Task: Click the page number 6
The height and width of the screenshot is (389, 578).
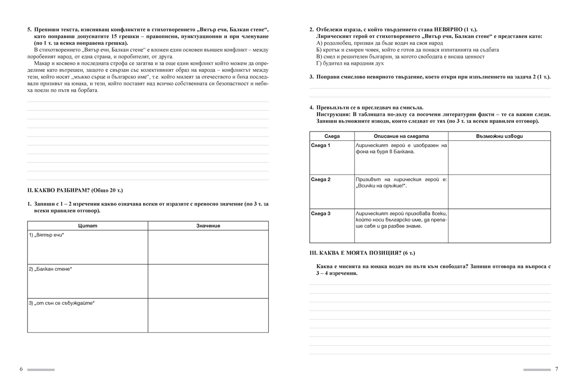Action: click(21, 369)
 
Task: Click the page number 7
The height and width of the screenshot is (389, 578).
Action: click(556, 369)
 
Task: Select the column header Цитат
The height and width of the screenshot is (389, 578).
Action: click(87, 226)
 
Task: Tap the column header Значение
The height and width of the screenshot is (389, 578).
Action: click(208, 226)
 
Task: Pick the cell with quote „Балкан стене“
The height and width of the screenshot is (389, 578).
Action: click(50, 268)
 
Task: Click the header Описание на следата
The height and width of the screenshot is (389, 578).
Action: click(401, 136)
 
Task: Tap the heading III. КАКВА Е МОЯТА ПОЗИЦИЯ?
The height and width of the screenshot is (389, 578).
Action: click(361, 253)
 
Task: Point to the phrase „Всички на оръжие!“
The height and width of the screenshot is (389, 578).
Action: click(380, 186)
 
